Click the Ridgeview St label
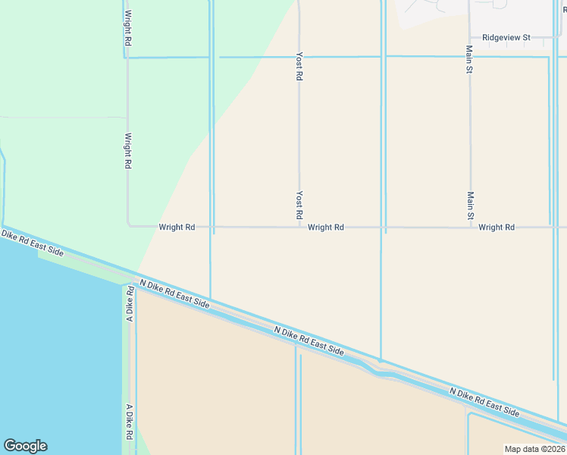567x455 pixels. (506, 37)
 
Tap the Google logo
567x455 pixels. (25, 446)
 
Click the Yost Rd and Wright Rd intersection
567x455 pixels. (299, 227)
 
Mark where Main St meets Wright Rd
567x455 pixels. (470, 227)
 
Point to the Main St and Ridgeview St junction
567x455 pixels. (470, 37)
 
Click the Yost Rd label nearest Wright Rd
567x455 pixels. (299, 206)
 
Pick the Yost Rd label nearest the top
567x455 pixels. (299, 67)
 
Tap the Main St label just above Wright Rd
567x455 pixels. (470, 206)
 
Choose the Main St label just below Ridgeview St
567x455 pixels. (470, 59)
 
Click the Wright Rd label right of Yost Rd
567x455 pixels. (327, 227)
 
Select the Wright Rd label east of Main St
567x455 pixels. (497, 227)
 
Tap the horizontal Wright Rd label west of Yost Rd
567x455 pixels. (177, 227)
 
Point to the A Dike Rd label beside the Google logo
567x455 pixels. (129, 422)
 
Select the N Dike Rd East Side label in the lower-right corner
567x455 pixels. (484, 403)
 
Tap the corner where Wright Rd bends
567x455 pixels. (129, 225)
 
